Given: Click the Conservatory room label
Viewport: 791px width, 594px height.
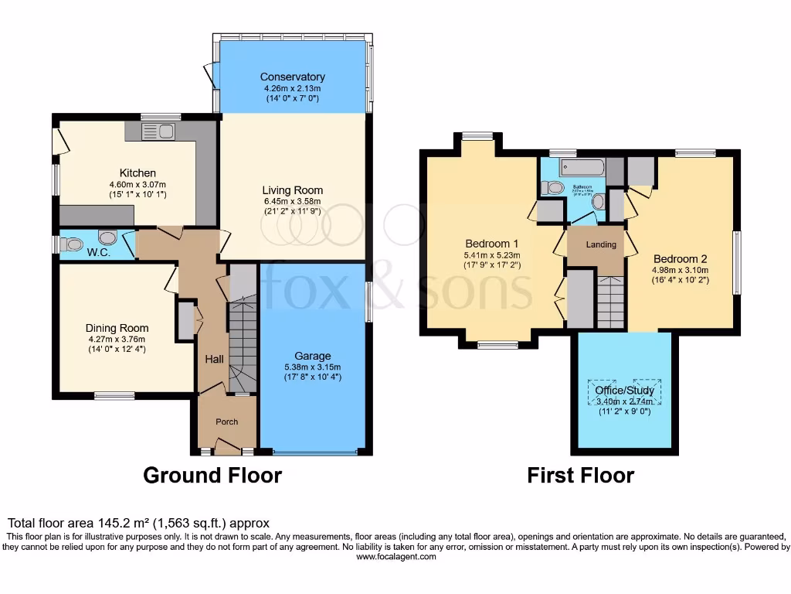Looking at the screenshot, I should (x=292, y=77).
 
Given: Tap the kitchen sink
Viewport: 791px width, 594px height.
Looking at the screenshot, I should (x=159, y=131).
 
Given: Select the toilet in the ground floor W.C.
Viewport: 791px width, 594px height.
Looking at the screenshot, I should (x=73, y=244).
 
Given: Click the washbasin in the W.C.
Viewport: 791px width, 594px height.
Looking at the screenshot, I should (x=107, y=238).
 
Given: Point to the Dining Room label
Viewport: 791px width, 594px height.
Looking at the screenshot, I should (x=117, y=328).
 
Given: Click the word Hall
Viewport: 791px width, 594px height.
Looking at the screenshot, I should (x=214, y=360).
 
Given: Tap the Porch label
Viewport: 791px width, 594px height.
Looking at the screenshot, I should (x=226, y=422).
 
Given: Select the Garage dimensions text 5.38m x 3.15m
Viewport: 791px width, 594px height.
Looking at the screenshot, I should (x=312, y=367).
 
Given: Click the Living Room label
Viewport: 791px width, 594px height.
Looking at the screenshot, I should (x=292, y=190).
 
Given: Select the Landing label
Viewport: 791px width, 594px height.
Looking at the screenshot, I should (x=601, y=244).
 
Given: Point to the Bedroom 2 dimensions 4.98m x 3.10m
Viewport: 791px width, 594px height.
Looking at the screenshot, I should (x=681, y=270).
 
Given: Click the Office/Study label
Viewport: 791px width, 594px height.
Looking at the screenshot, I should (x=624, y=391).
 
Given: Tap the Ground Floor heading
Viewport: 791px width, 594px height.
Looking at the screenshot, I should (x=212, y=475).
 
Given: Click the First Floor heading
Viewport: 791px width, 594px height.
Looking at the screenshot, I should (x=580, y=475).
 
